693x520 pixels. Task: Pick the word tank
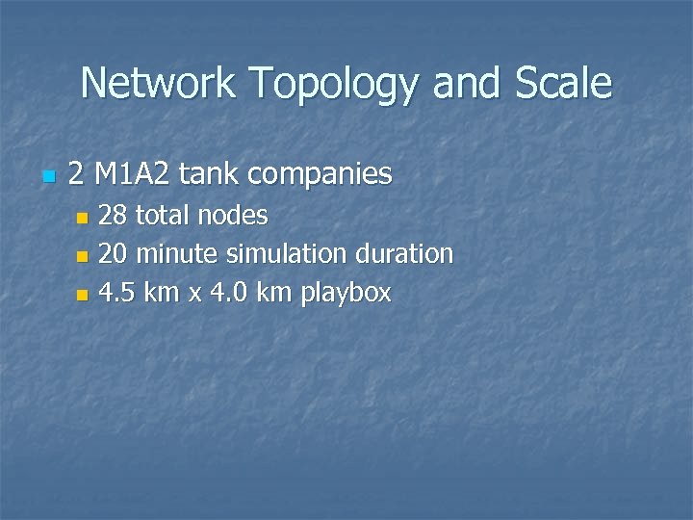click(209, 174)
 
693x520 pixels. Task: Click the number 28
click(114, 215)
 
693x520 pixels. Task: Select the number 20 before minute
click(114, 254)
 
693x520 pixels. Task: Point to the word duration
click(404, 254)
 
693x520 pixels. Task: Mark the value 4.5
click(116, 293)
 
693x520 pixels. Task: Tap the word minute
click(180, 254)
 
